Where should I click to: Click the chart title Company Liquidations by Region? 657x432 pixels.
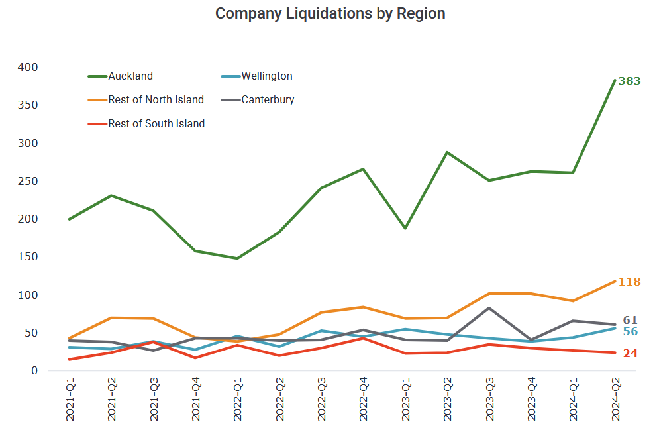(330, 14)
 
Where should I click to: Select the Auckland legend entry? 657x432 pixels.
(130, 76)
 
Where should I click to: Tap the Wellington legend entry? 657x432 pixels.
(266, 76)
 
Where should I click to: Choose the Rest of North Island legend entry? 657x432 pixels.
(156, 100)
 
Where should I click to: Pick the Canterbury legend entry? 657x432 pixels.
(268, 100)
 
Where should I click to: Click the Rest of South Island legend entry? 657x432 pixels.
(156, 123)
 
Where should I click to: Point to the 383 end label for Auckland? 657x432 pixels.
(629, 81)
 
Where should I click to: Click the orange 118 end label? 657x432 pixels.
(629, 282)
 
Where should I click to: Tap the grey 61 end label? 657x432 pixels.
(631, 321)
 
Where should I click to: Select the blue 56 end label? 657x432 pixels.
(631, 331)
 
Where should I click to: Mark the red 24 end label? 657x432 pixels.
(631, 353)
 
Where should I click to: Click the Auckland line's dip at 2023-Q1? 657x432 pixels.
(405, 229)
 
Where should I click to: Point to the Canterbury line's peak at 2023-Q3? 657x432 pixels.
(489, 308)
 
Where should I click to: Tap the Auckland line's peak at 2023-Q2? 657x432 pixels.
(447, 152)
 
